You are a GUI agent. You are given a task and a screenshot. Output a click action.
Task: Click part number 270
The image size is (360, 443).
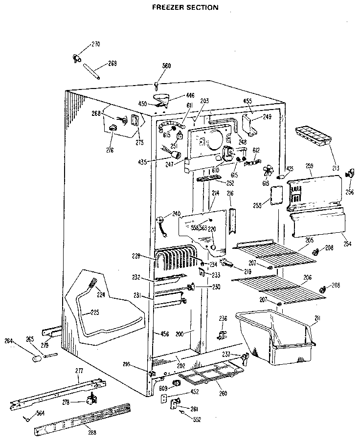tap(95, 44)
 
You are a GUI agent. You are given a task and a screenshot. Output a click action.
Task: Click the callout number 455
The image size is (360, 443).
tap(247, 101)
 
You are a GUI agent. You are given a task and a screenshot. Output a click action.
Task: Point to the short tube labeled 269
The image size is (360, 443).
tap(91, 70)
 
